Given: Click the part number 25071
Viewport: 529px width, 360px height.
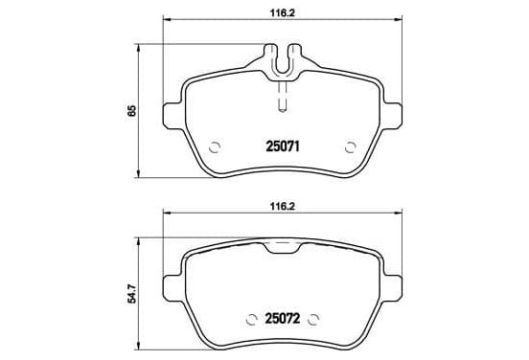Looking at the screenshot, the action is (283, 146).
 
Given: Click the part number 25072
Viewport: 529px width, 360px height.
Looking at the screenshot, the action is (283, 318).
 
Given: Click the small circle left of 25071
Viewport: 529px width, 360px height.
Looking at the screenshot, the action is (215, 147).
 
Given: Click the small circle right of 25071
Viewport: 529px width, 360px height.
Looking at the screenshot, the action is (351, 147).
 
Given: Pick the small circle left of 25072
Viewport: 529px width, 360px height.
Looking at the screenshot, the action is (251, 319).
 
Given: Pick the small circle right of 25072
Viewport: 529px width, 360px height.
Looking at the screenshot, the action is (313, 319).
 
